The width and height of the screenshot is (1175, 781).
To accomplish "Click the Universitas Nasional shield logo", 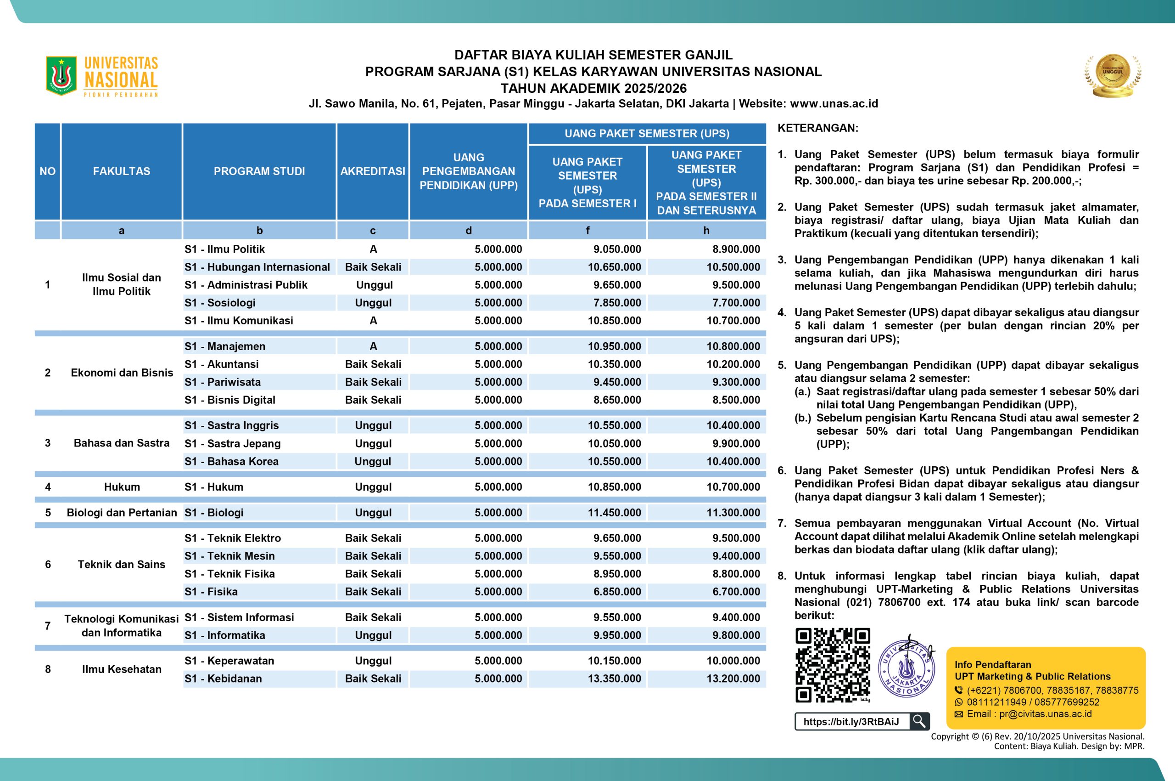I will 61,76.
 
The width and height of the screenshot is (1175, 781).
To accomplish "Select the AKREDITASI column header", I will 373,171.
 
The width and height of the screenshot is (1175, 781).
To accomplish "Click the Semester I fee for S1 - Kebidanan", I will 614,679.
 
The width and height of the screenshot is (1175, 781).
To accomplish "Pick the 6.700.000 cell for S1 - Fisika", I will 736,592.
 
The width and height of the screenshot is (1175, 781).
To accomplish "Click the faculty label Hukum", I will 122,487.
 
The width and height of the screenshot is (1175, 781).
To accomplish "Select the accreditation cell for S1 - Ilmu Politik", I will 373,249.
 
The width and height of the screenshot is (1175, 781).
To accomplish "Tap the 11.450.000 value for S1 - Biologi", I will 614,513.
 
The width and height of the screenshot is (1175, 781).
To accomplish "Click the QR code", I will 833,665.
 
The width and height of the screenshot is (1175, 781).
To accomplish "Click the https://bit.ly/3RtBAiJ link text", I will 851,722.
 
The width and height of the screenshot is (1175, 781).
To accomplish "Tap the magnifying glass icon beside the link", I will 919,721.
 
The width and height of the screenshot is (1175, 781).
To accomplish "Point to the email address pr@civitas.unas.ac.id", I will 1045,714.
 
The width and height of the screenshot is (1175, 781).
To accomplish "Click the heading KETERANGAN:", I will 817,128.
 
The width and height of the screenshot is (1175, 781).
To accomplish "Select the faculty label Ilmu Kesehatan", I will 122,669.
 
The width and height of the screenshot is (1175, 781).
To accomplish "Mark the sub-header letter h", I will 706,230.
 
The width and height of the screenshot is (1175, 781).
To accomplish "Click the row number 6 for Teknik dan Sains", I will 48,564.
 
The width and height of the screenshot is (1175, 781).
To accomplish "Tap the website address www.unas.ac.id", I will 834,104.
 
